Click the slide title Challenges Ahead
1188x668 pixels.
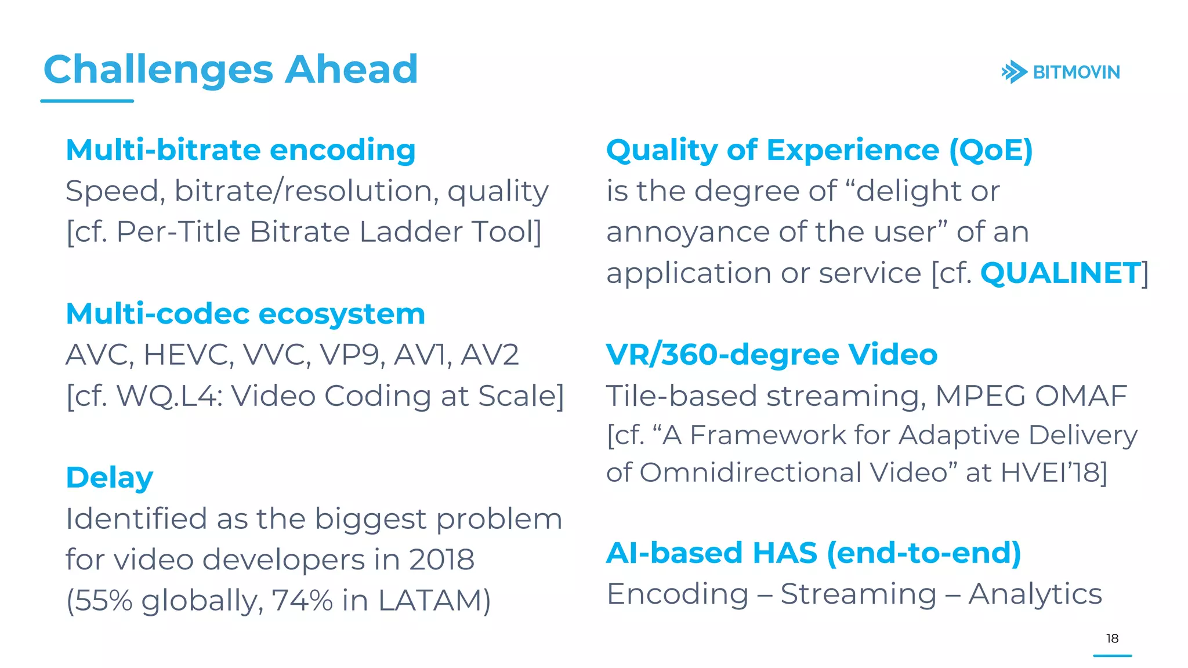coord(230,70)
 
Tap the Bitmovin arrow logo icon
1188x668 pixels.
coord(1014,72)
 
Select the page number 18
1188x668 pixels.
coord(1112,638)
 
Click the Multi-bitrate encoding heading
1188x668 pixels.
coord(241,150)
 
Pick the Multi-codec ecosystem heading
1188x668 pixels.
coord(245,314)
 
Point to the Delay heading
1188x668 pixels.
coord(110,478)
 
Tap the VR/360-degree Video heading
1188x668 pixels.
coord(772,355)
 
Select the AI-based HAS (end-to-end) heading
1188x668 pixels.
coord(813,553)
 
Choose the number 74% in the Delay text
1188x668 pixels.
coord(302,601)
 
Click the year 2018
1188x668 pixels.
coord(441,560)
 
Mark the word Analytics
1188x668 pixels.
coord(1035,594)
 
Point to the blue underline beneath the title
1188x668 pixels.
coord(87,101)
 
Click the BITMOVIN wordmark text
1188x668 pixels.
coord(1076,72)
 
